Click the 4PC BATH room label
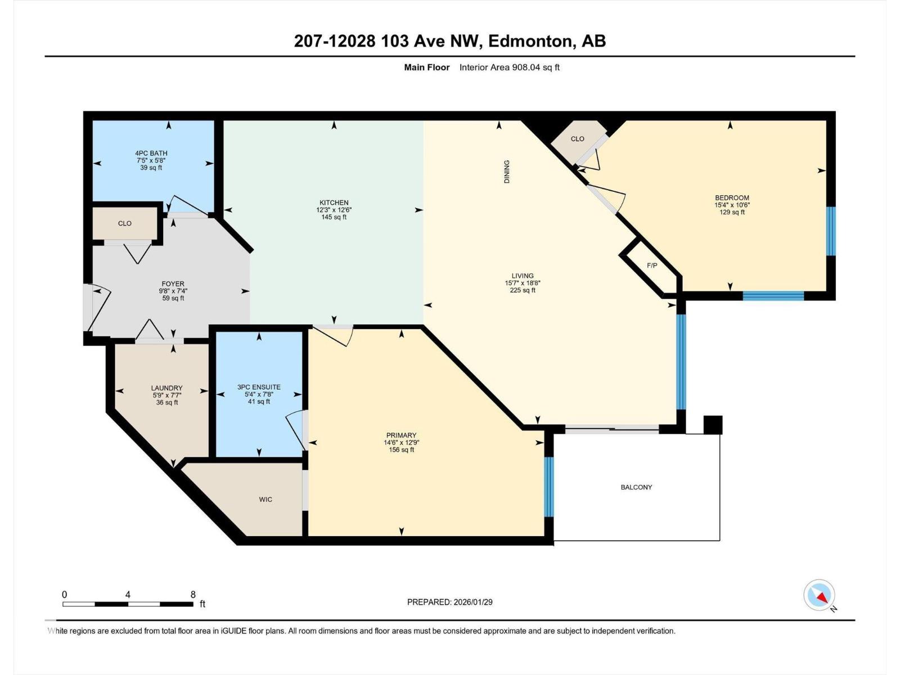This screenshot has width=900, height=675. (151, 153)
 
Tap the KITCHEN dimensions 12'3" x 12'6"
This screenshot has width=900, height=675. (334, 210)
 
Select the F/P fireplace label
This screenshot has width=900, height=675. (652, 265)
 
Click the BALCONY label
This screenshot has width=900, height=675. (636, 487)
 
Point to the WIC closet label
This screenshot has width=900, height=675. (265, 499)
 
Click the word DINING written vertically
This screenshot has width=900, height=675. (507, 172)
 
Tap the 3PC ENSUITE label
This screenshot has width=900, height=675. (259, 387)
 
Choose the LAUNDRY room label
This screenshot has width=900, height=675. (166, 388)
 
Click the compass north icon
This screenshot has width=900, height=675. (820, 595)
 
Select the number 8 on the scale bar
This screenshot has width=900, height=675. (193, 595)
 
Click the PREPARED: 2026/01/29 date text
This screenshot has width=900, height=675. (449, 602)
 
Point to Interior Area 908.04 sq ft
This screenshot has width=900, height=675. (509, 67)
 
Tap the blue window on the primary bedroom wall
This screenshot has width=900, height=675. (549, 487)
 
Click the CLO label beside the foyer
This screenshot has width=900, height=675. (125, 223)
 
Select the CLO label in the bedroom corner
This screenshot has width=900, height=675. (578, 138)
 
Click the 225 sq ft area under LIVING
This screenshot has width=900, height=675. (523, 290)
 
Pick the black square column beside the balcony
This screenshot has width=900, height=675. (713, 425)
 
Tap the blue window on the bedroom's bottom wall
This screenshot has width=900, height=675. (773, 295)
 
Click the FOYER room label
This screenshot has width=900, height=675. (173, 284)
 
